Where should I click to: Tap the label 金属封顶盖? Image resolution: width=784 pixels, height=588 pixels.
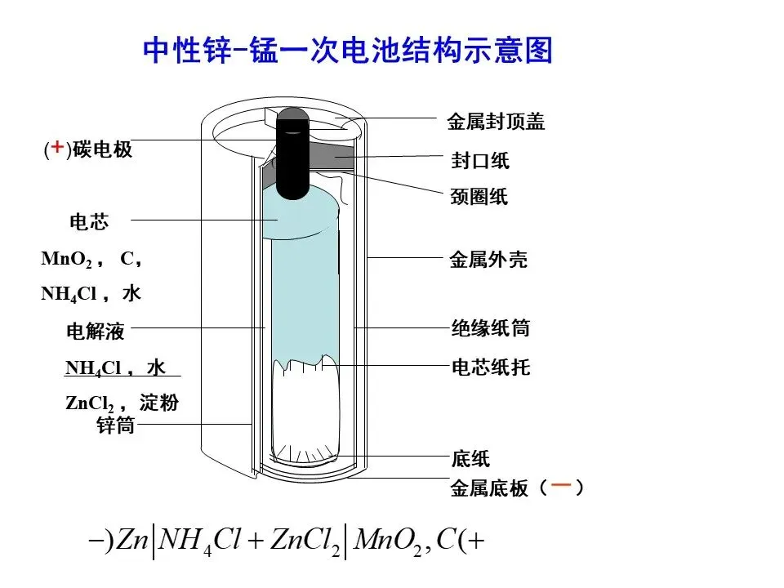tap(496, 122)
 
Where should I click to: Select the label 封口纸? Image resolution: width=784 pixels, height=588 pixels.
tap(480, 161)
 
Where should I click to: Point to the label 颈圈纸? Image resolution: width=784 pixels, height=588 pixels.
tap(479, 197)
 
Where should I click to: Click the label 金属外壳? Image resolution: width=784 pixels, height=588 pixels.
tap(488, 261)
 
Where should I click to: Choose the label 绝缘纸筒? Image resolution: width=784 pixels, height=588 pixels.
tap(491, 328)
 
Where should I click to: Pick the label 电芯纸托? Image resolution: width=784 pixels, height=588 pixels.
tap(491, 367)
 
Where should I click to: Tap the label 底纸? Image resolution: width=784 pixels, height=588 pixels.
tap(470, 459)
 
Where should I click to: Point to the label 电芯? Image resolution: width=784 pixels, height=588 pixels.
tap(89, 222)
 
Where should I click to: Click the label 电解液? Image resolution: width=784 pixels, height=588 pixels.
tap(96, 332)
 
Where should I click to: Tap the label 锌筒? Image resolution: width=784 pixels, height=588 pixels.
tap(115, 425)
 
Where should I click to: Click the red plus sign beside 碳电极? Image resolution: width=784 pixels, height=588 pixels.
tap(57, 148)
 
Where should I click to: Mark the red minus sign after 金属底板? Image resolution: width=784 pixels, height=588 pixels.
tap(560, 487)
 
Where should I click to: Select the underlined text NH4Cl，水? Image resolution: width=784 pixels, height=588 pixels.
tap(116, 368)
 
